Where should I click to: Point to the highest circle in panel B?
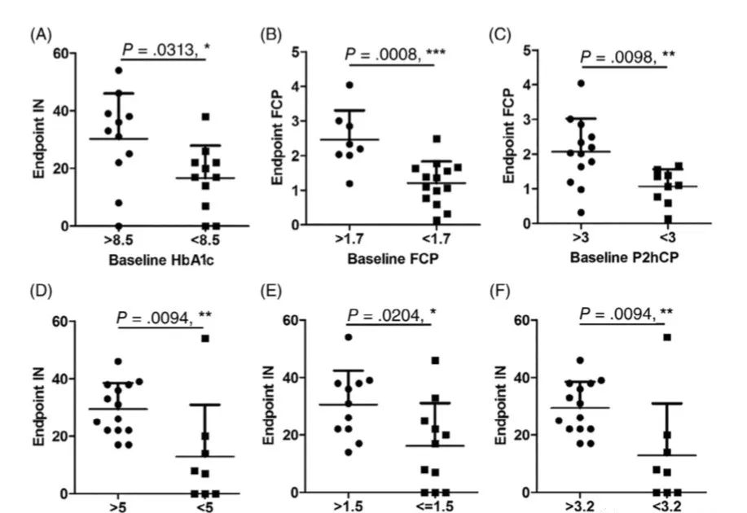pyautogui.click(x=349, y=85)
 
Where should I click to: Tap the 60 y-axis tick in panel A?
pyautogui.click(x=59, y=54)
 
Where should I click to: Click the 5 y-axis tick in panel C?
pyautogui.click(x=534, y=50)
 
